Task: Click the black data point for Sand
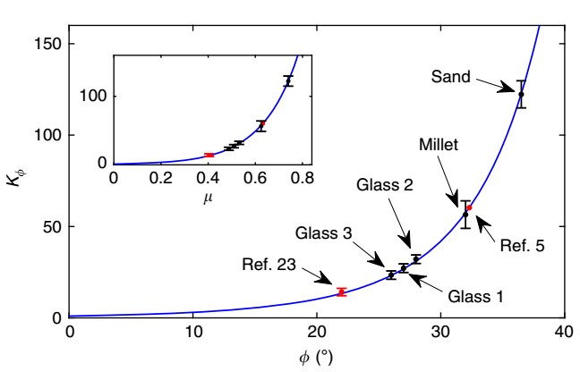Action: [521, 94]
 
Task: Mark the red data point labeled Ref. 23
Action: [341, 292]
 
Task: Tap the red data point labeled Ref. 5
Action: [469, 207]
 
